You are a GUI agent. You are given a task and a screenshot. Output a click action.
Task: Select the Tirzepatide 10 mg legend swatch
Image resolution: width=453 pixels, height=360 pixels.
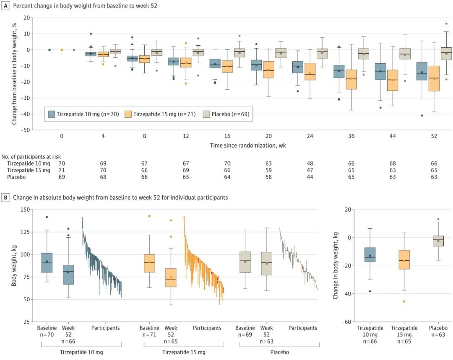[x=52, y=114]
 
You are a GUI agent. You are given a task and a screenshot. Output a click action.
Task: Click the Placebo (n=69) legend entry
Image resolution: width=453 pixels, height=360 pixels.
[x=227, y=114]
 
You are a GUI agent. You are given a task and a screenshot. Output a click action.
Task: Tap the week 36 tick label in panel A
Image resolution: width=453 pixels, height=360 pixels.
[x=351, y=137]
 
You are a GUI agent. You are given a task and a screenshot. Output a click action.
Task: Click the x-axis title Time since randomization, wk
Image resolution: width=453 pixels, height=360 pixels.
[x=247, y=145]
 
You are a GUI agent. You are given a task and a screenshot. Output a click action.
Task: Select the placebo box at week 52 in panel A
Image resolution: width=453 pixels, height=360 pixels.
[x=446, y=54]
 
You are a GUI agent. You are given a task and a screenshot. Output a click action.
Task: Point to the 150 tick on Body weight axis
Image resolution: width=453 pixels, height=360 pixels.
[x=29, y=210]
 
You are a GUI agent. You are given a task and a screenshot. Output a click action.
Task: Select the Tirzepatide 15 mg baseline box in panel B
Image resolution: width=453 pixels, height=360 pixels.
[x=149, y=263]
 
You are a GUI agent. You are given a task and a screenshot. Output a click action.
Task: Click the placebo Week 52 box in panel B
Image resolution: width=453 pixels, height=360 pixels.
[x=266, y=263]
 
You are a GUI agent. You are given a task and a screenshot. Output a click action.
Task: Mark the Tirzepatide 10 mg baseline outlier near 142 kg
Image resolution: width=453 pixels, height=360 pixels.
[x=47, y=217]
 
